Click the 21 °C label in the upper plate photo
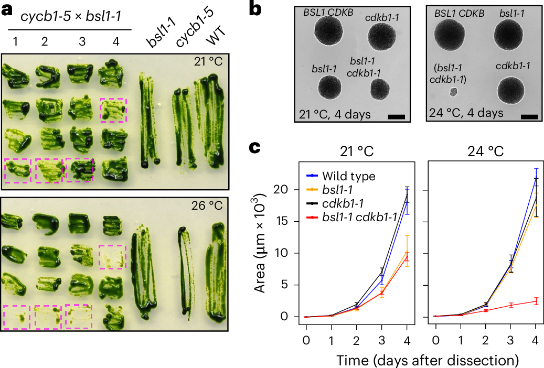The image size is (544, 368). [x=207, y=62]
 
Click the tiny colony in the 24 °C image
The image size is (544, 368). [x=454, y=92]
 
